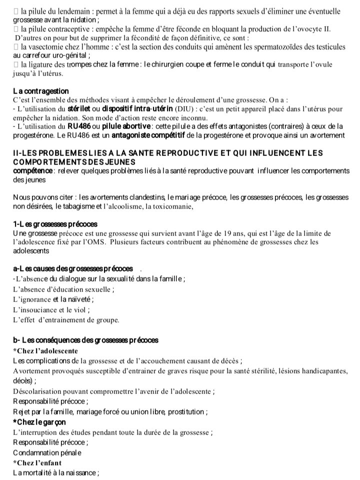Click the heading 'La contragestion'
coord(41,91)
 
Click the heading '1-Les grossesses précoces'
coord(55,224)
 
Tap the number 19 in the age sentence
coord(224,233)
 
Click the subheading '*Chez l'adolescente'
coord(45,350)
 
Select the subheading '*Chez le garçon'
coord(39,421)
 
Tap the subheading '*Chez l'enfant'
coord(37,462)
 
